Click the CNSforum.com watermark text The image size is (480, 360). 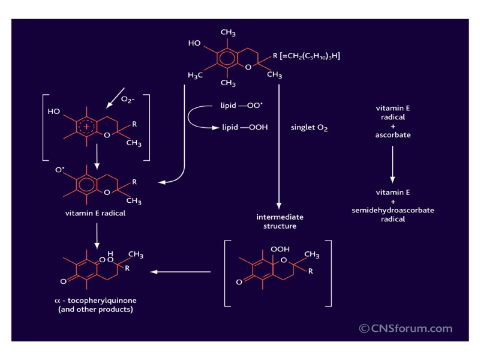pos(406,328)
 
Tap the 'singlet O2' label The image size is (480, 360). pos(309,128)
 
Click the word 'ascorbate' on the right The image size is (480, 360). pos(393,135)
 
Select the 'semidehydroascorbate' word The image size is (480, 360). pos(393,211)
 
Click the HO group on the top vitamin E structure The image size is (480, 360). pos(194,43)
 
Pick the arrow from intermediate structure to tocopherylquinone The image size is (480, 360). pos(180,272)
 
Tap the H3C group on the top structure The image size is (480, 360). pos(195,76)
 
